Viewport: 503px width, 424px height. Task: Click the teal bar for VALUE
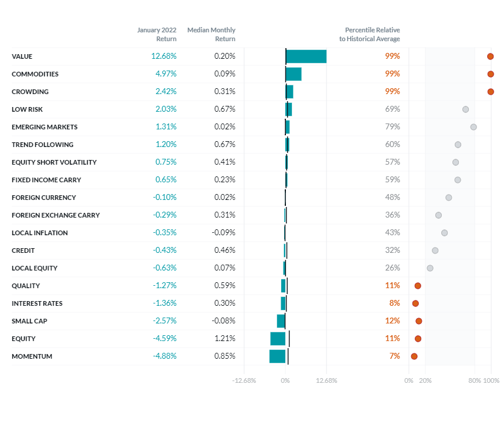click(306, 56)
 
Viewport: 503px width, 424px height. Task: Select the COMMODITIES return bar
click(294, 74)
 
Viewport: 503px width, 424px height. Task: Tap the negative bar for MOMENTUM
click(277, 356)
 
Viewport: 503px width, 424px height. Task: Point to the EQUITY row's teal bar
click(278, 339)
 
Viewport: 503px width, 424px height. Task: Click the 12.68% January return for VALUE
click(164, 56)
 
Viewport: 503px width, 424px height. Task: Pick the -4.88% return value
click(164, 356)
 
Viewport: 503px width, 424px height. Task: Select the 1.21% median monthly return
click(225, 339)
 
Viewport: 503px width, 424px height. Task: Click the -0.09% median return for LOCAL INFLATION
click(224, 233)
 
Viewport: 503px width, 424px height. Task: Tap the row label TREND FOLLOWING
click(42, 145)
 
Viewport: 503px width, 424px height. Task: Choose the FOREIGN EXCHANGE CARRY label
click(55, 215)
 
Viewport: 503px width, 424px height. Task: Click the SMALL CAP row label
click(29, 321)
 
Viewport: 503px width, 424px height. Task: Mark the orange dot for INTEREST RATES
click(415, 303)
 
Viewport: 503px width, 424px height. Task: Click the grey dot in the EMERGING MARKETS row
click(474, 127)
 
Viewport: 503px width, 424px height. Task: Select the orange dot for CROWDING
click(491, 92)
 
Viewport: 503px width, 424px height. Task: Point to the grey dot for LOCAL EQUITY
click(430, 268)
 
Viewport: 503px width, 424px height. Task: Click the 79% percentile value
click(392, 127)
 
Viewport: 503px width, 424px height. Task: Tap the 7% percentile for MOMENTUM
click(394, 356)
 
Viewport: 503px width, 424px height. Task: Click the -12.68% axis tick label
click(244, 380)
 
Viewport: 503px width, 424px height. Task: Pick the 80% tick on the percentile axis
click(475, 380)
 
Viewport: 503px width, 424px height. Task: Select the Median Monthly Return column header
click(211, 34)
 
